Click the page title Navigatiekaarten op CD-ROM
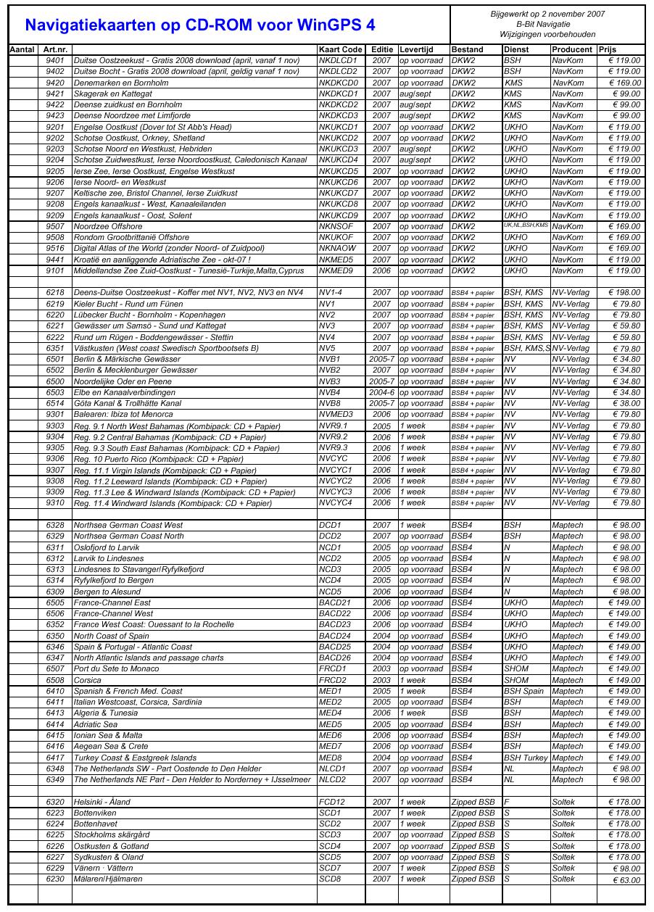[200, 25]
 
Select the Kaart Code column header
[340, 49]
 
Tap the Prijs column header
[608, 49]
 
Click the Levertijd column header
[416, 49]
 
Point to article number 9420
[55, 83]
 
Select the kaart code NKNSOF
[336, 226]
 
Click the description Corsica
[88, 680]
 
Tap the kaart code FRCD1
[333, 668]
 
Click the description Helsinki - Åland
[102, 802]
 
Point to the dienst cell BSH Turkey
[525, 758]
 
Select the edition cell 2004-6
[381, 392]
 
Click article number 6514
[55, 403]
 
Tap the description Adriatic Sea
[96, 724]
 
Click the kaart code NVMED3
[336, 414]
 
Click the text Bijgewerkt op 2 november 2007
[548, 14]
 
